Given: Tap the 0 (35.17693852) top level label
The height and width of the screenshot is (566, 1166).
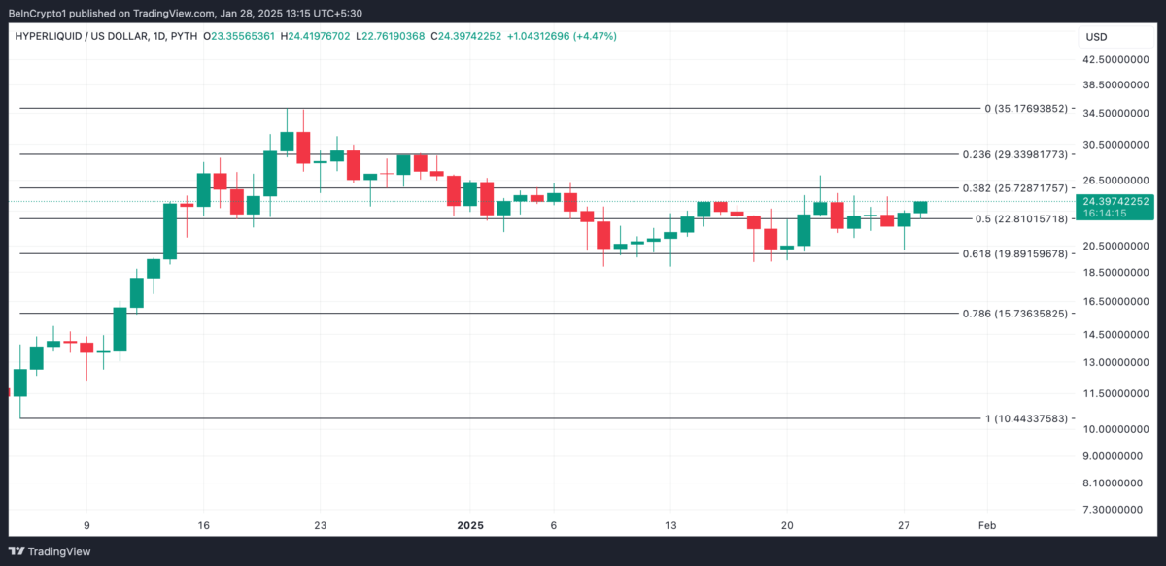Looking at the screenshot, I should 1026,109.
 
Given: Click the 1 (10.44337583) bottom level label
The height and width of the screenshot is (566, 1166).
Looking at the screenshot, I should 1026,418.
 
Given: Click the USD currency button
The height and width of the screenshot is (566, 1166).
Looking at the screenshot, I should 1096,37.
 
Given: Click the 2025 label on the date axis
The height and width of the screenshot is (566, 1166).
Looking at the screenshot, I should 470,525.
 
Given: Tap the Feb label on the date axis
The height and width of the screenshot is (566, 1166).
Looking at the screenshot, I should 986,525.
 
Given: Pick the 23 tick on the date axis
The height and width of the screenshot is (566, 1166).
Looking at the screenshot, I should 320,525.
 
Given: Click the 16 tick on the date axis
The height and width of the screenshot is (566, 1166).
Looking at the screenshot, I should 203,525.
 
